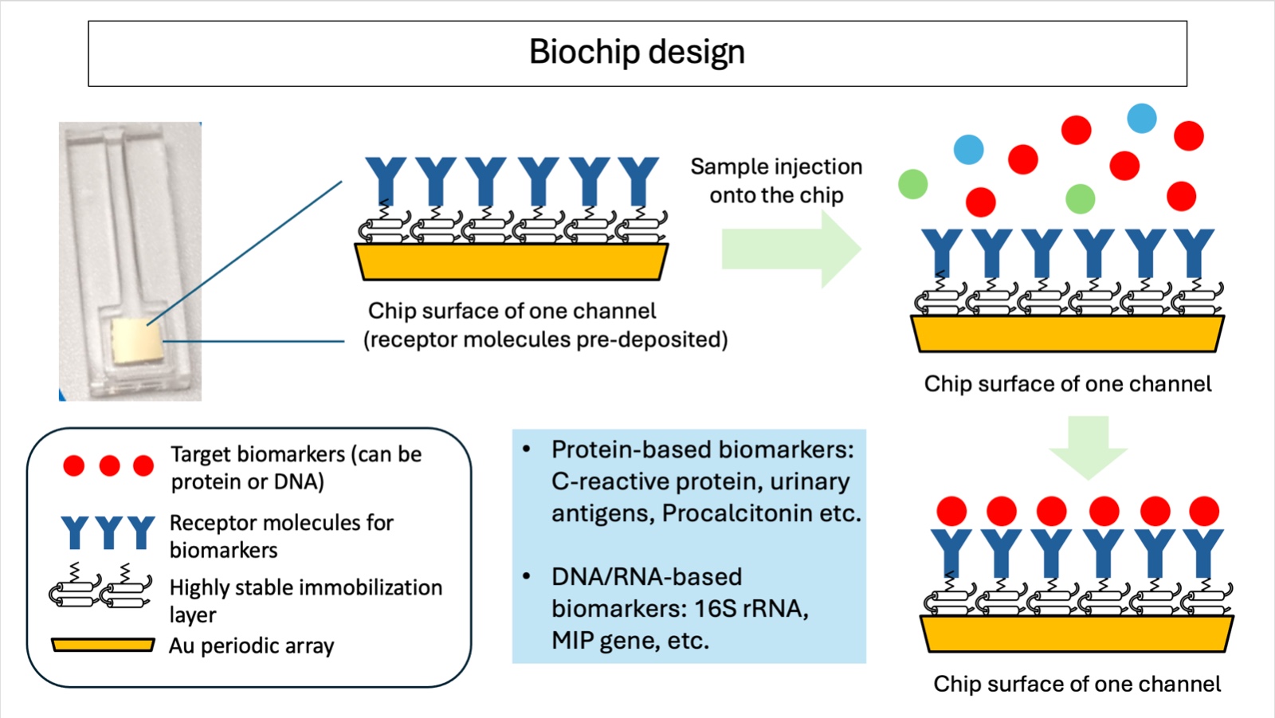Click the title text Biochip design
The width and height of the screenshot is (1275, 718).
637,53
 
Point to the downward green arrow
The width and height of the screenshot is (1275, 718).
1088,446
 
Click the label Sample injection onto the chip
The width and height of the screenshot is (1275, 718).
776,181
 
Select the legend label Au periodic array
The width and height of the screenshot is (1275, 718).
251,646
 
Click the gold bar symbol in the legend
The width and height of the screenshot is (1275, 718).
103,645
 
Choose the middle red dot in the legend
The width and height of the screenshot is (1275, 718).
109,466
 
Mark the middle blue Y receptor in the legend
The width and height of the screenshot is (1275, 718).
108,532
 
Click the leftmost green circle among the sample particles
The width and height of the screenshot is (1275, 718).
913,184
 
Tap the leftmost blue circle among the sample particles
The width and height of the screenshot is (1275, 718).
969,149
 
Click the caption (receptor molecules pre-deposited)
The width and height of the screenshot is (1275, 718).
546,340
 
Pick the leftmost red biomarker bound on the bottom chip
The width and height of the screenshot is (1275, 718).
951,511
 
